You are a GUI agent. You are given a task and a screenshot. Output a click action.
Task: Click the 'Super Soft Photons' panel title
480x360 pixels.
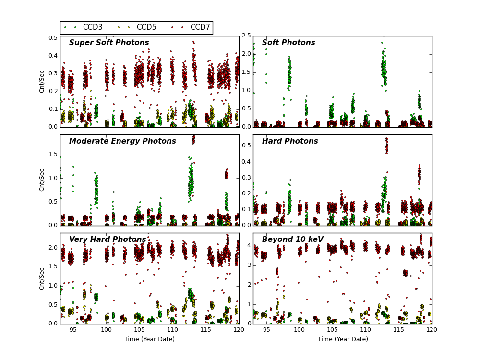(109, 43)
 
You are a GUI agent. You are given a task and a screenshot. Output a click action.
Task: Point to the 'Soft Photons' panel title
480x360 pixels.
(288, 43)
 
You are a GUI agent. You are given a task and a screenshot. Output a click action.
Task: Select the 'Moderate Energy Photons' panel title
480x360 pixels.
(122, 141)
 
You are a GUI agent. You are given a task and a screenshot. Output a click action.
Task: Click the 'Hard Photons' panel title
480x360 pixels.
(290, 141)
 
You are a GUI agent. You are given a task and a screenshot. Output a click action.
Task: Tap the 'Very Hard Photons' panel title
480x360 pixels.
(108, 240)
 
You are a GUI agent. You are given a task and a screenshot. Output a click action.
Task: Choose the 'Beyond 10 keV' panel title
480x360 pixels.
(293, 240)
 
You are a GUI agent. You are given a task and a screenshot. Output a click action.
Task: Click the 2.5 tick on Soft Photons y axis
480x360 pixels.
(245, 36)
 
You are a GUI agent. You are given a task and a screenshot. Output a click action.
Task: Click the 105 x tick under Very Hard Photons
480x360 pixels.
(139, 330)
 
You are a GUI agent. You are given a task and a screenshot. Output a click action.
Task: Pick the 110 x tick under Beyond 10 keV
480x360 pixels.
(365, 330)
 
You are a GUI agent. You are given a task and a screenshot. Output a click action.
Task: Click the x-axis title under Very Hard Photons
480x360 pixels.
(149, 339)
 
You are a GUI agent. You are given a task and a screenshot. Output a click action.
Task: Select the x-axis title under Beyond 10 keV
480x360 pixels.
(343, 339)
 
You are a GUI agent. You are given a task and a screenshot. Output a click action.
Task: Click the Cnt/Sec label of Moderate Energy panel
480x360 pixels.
(42, 180)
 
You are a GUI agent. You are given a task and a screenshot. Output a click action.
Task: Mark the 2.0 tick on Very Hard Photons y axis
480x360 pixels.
(51, 248)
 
